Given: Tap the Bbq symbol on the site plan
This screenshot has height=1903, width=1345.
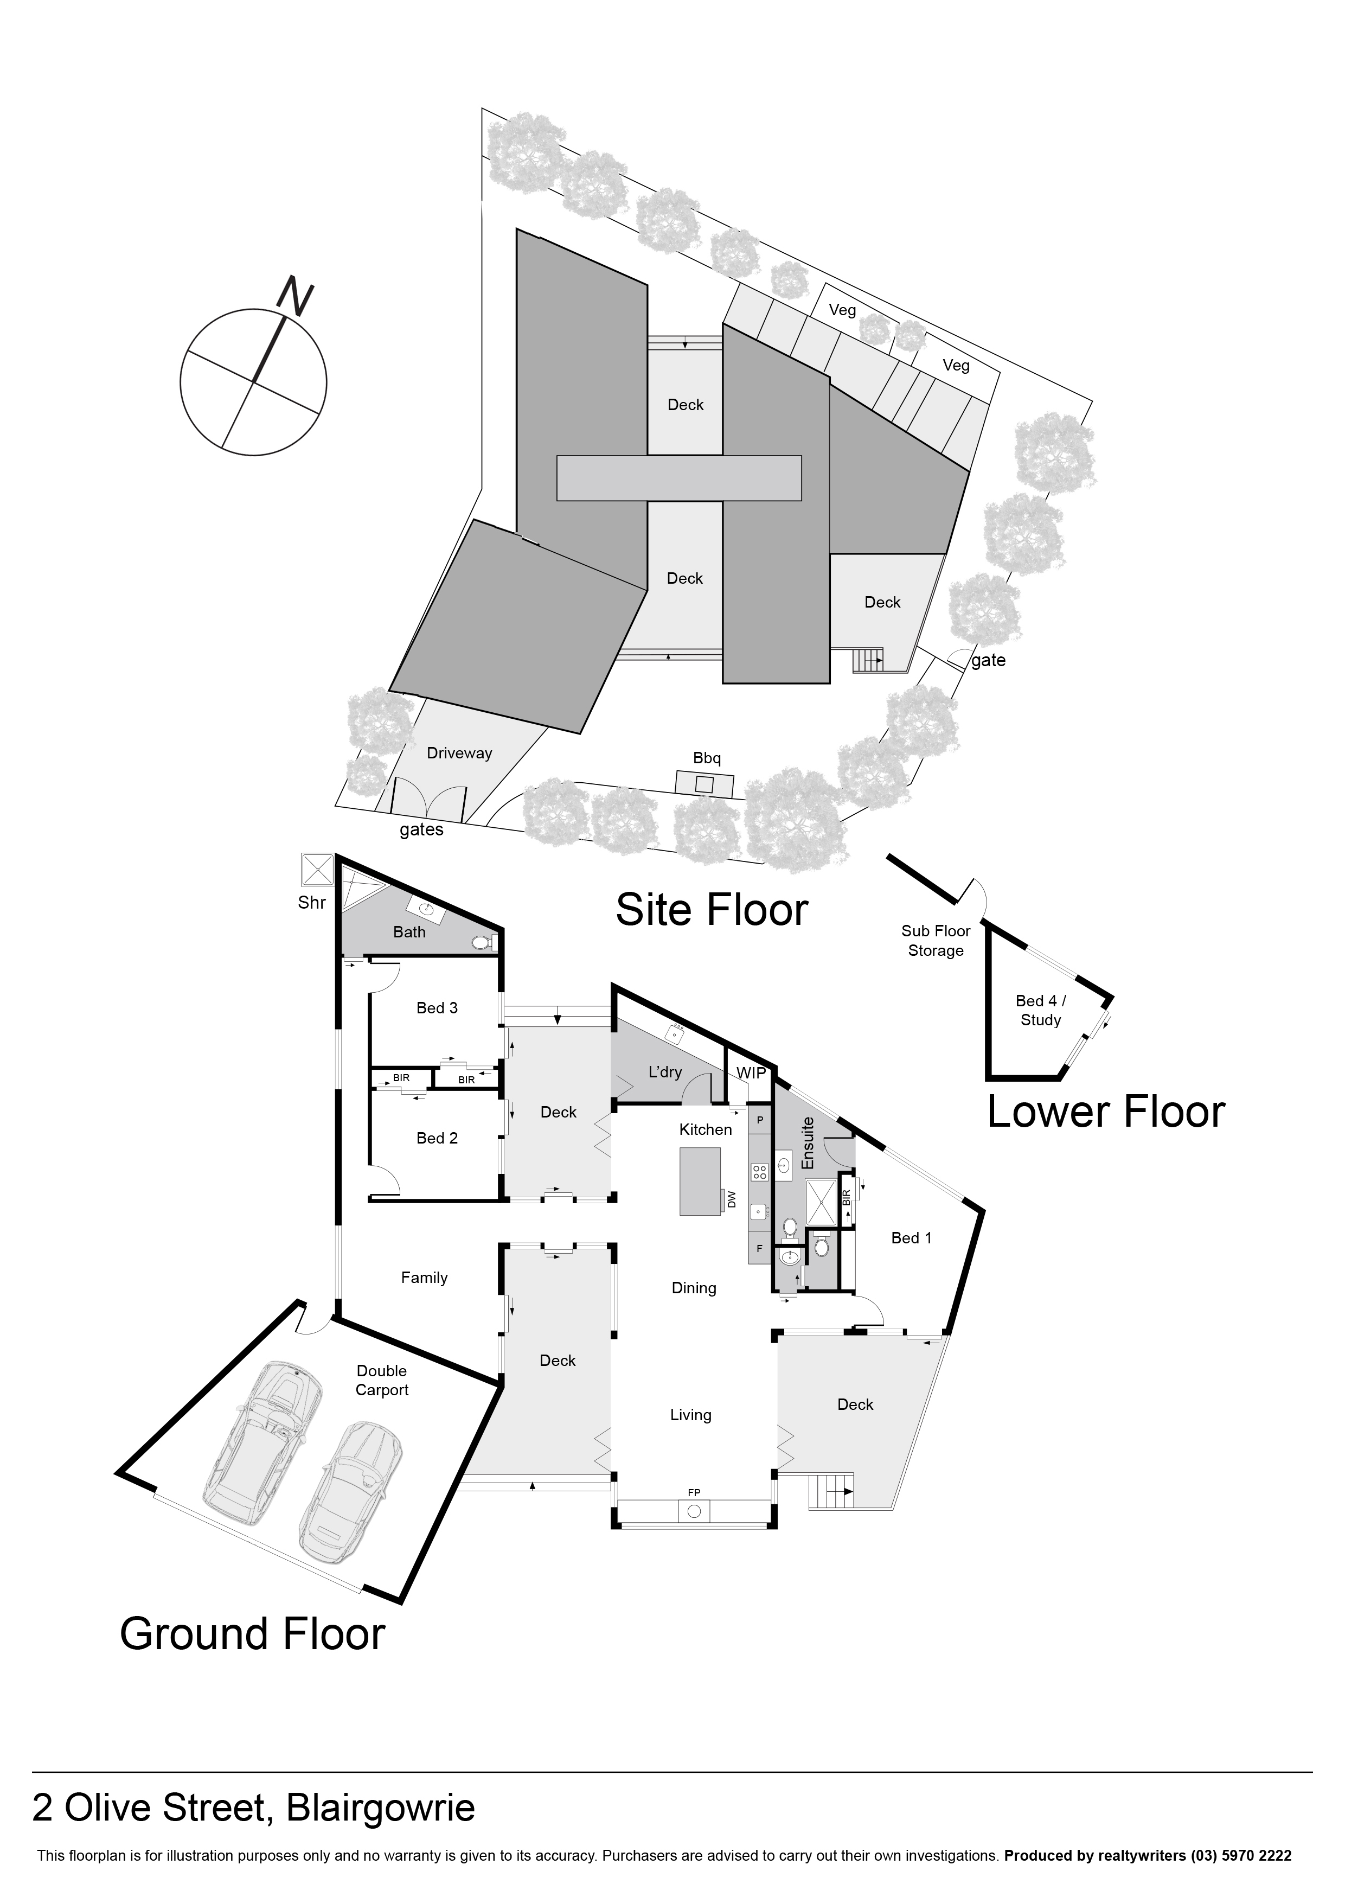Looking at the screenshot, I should pyautogui.click(x=704, y=783).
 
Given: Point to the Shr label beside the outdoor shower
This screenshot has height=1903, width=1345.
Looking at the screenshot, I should pyautogui.click(x=312, y=903).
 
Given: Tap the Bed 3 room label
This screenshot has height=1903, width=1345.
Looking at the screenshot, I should pyautogui.click(x=437, y=1008).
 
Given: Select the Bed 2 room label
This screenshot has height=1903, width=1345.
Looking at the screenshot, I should pyautogui.click(x=437, y=1138).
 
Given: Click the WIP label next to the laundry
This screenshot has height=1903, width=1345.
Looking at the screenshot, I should pyautogui.click(x=751, y=1072).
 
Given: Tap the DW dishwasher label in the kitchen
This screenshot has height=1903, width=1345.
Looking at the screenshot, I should pyautogui.click(x=731, y=1199).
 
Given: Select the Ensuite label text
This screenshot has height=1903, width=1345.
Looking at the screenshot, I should pyautogui.click(x=809, y=1143).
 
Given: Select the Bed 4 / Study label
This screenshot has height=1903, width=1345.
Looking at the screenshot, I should pyautogui.click(x=1041, y=1010).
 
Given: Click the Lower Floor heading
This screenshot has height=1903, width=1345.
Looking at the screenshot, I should pyautogui.click(x=1105, y=1112).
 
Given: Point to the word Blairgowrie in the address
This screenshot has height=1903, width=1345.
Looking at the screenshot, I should pyautogui.click(x=381, y=1808).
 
